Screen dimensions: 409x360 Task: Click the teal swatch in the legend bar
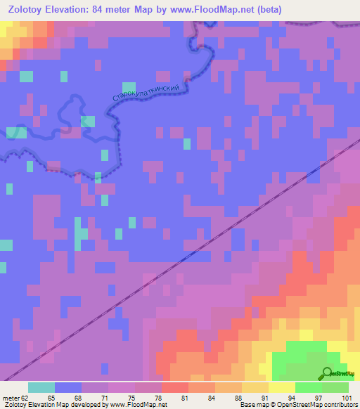pyautogui.click(x=41, y=387)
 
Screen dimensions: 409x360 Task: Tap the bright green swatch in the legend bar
pyautogui.click(x=309, y=387)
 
